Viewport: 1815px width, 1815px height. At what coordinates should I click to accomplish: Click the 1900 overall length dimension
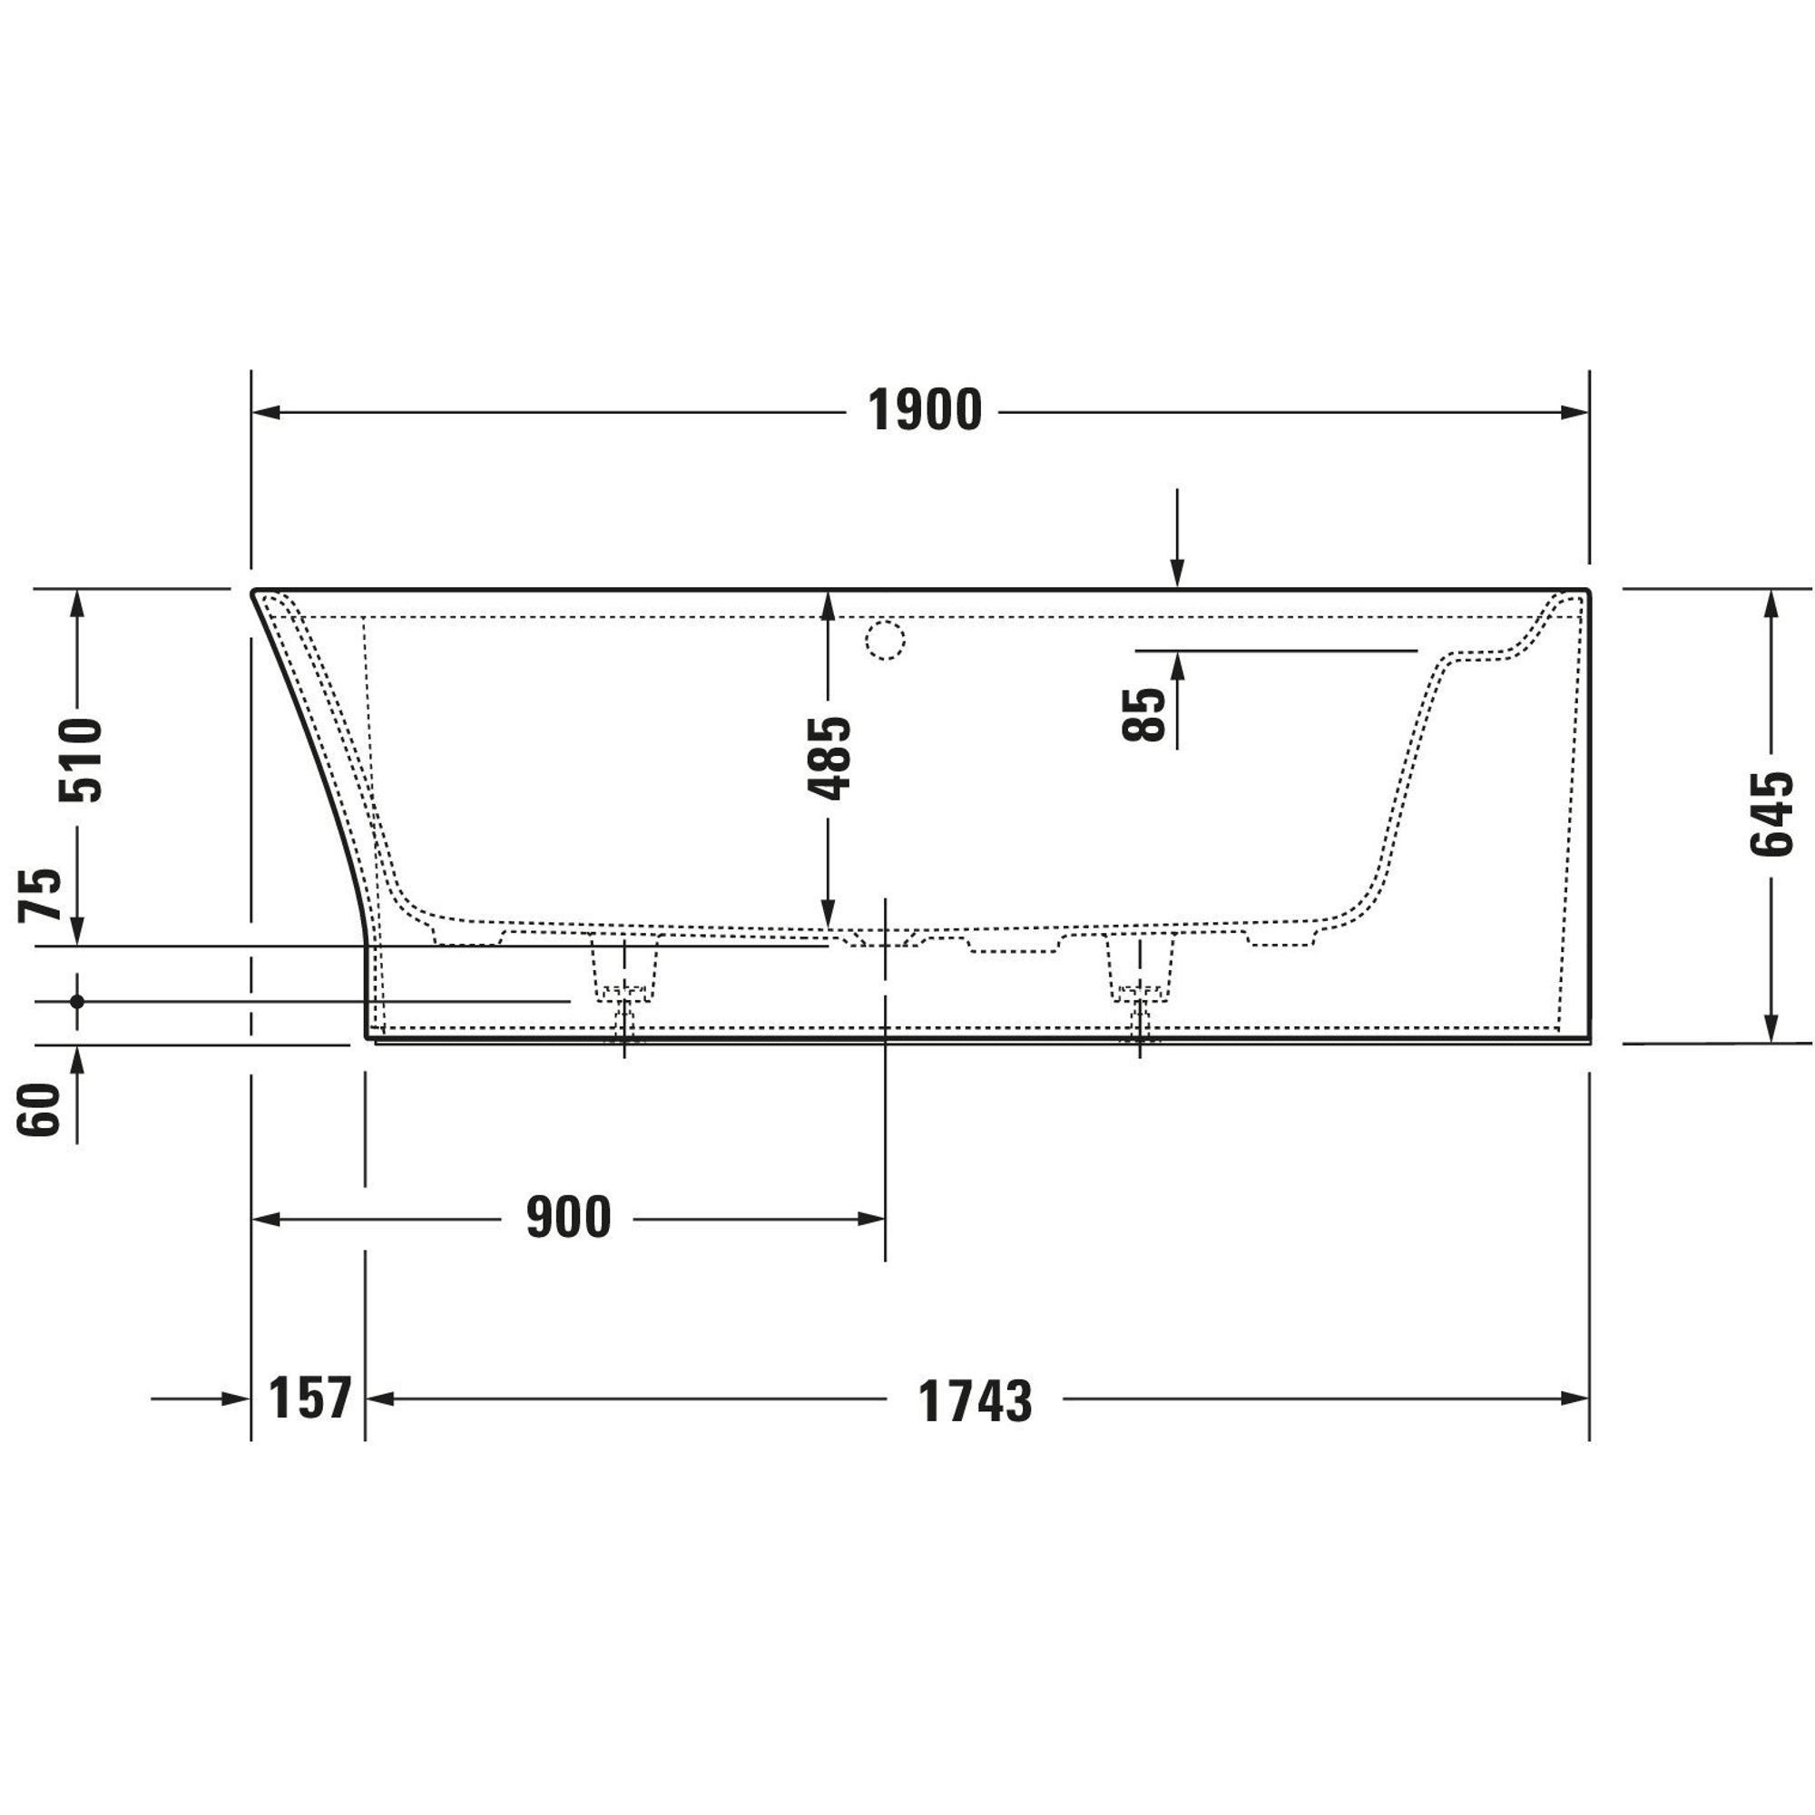pos(925,411)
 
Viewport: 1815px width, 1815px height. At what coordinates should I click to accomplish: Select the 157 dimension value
pos(309,1398)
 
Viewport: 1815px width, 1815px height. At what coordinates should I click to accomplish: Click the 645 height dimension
pos(1771,813)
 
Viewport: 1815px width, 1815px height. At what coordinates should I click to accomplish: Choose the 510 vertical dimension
pos(80,759)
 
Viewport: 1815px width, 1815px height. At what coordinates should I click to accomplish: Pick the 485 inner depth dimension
pos(829,758)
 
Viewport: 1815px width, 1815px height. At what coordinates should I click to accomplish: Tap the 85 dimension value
pos(1143,715)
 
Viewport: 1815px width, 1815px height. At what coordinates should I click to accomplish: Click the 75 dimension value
pos(41,895)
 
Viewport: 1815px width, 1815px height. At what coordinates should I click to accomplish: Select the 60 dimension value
pos(39,1110)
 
